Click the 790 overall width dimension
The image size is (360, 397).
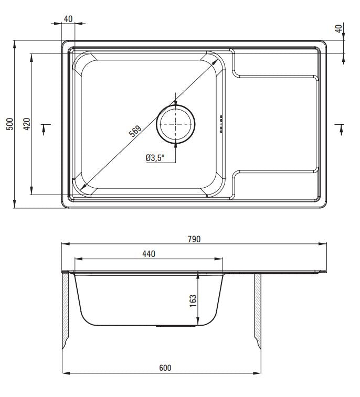194,239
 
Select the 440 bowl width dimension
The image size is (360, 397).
149,254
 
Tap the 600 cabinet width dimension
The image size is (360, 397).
164,368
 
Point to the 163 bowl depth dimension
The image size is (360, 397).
193,299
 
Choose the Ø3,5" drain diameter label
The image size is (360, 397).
155,157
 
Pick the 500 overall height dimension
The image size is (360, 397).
9,124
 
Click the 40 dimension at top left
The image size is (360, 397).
68,19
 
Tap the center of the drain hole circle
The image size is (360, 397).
176,124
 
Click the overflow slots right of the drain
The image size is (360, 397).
221,124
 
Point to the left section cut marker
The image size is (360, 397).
45,127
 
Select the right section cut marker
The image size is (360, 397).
340,127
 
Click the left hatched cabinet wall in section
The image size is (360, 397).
66,309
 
